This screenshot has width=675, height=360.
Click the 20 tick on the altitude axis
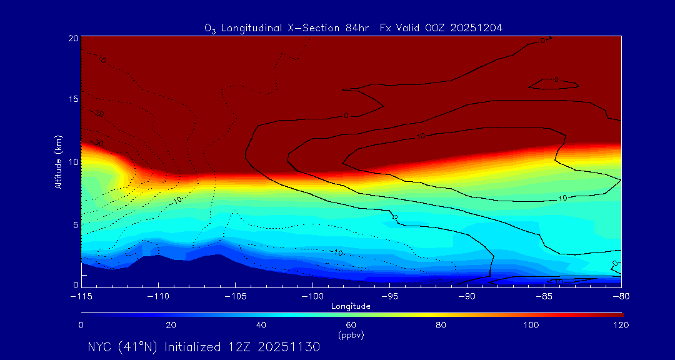73,38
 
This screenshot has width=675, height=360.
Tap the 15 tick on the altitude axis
73,100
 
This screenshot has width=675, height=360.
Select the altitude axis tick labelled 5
75,224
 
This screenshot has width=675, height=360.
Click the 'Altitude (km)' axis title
58,161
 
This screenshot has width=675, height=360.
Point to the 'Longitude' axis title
351,306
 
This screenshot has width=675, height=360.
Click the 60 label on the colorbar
351,325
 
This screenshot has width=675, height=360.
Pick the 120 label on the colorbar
621,325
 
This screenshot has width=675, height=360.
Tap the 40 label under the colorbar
261,325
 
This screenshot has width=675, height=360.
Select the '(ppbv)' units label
351,334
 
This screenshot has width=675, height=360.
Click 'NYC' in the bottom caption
101,347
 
